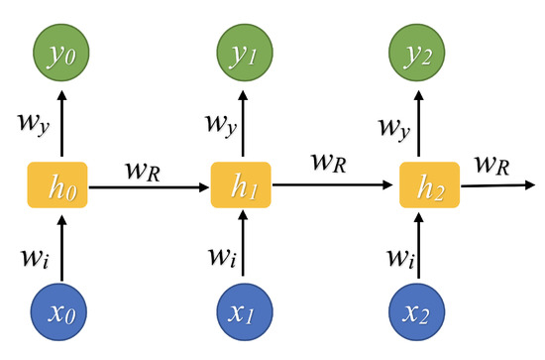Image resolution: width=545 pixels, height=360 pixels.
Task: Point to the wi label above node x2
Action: coord(401,256)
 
